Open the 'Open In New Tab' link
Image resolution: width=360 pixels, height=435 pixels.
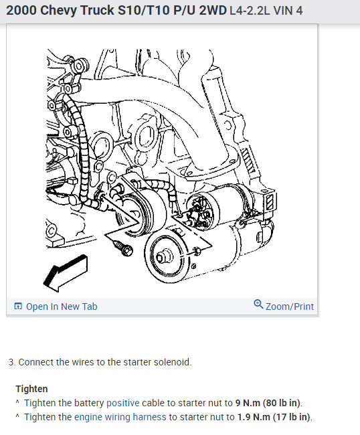[61, 307]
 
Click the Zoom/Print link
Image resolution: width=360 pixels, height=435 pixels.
[289, 307]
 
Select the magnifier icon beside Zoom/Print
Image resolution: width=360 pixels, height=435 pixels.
[258, 305]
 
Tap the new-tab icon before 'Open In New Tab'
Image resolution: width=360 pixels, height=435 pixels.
[18, 307]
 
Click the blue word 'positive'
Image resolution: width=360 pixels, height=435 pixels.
[122, 403]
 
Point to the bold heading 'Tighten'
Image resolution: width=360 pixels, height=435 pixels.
[31, 389]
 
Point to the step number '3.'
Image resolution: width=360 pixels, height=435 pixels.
[11, 362]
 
